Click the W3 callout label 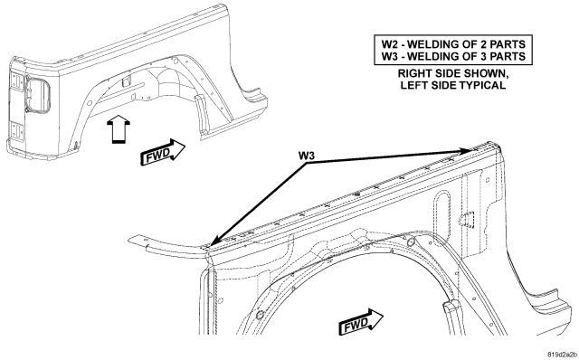click(307, 156)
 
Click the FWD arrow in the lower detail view click(361, 321)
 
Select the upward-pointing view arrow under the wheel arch click(118, 128)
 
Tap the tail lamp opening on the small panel click(37, 96)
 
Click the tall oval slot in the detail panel click(441, 209)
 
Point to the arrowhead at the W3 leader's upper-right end click(467, 149)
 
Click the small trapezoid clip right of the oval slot click(467, 218)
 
